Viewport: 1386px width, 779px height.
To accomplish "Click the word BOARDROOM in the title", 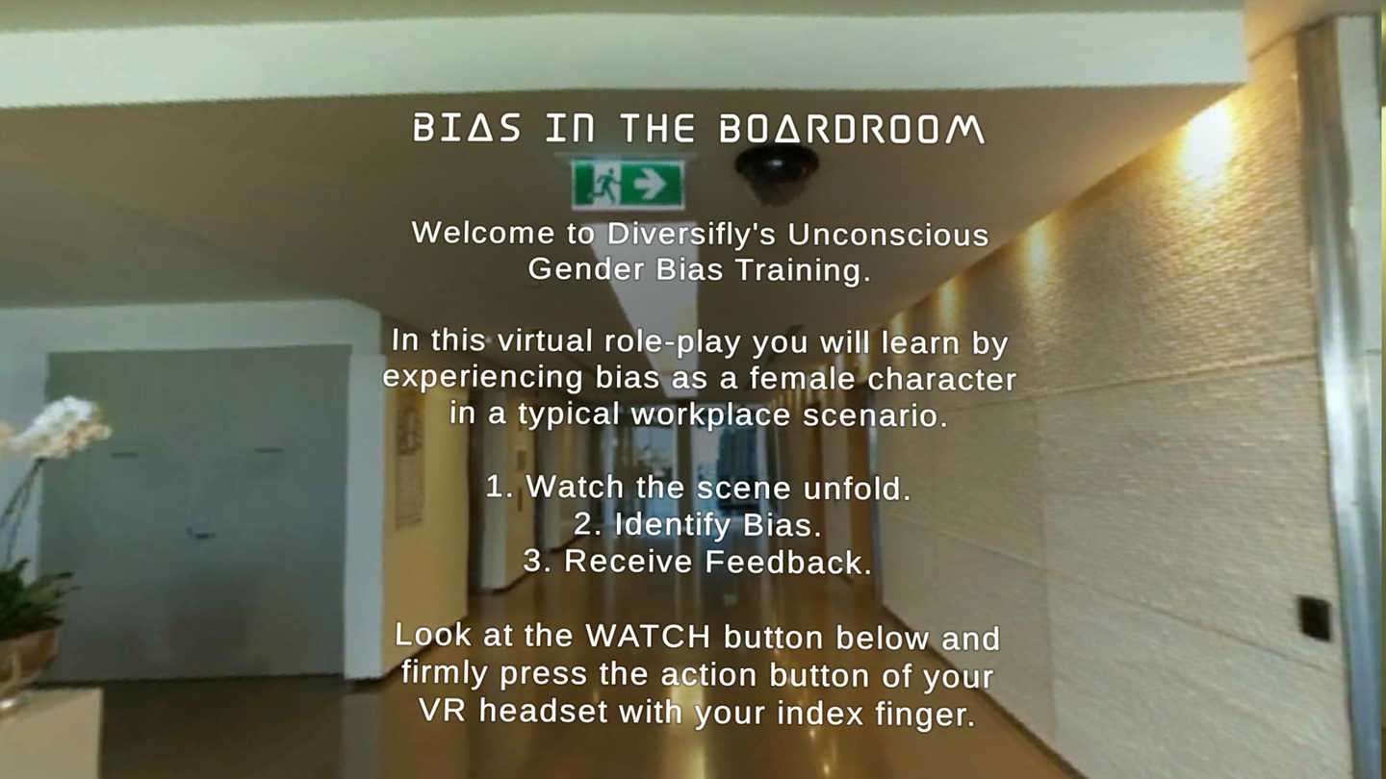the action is click(852, 129).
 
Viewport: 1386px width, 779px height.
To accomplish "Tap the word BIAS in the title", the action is click(467, 128).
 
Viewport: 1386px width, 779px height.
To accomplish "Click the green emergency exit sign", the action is click(627, 184).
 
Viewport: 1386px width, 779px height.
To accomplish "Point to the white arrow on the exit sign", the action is click(649, 184).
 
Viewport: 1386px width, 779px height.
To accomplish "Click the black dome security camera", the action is click(777, 172).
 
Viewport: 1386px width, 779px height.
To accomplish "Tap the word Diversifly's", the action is click(691, 234).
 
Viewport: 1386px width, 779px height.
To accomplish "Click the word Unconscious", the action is click(887, 235).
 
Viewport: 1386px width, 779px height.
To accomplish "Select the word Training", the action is click(803, 271).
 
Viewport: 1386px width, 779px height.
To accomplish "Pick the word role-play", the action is click(672, 342).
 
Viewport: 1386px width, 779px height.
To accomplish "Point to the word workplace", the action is click(710, 415).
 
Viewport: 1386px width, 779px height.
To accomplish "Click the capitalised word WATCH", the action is click(648, 636).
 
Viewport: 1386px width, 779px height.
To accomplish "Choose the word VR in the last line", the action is click(442, 710).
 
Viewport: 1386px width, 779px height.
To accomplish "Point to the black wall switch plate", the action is click(1314, 617).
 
